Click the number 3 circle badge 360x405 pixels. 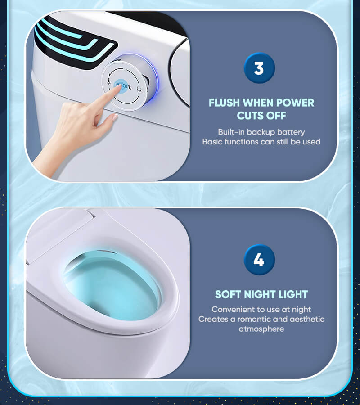click(x=259, y=68)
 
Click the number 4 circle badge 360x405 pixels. click(x=259, y=260)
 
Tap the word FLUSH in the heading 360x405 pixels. click(x=224, y=103)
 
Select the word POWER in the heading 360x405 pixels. click(x=295, y=103)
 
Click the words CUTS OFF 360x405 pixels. click(x=261, y=116)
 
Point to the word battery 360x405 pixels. click(x=291, y=132)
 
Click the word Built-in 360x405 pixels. click(x=231, y=132)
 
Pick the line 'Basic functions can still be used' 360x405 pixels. click(x=261, y=142)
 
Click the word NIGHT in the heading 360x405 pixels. click(x=260, y=294)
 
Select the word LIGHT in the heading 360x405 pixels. click(x=293, y=294)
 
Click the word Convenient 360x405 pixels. click(x=232, y=310)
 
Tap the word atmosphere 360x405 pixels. click(x=261, y=329)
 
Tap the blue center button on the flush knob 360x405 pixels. click(x=121, y=85)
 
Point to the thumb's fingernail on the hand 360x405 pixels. click(x=115, y=118)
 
